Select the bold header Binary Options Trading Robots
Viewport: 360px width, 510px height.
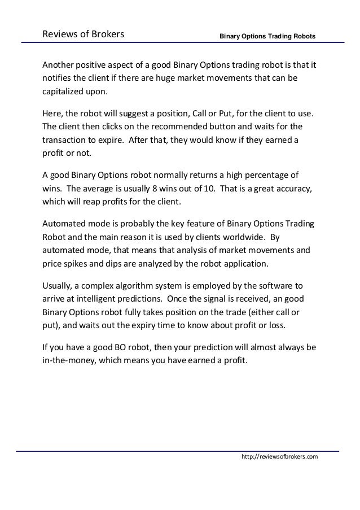[x=267, y=37]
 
